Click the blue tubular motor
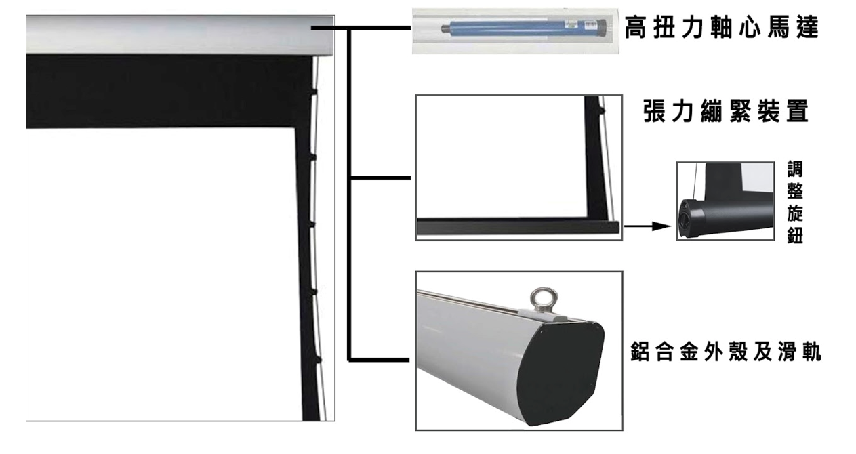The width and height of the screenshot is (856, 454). [523, 28]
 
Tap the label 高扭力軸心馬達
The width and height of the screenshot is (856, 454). [722, 27]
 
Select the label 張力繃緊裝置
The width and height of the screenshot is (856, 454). [726, 111]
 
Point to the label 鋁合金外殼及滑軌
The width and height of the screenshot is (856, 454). [725, 352]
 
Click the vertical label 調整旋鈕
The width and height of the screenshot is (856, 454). [795, 202]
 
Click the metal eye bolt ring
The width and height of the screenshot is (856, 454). [544, 300]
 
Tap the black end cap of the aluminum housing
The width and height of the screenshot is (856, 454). [562, 373]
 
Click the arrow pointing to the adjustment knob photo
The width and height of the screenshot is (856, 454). [647, 226]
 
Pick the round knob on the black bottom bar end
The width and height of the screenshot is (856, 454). [685, 220]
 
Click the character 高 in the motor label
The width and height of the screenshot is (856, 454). [636, 27]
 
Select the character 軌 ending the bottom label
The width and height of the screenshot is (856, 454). [811, 352]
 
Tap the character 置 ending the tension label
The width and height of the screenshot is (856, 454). [798, 111]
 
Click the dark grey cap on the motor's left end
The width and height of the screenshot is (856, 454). [445, 28]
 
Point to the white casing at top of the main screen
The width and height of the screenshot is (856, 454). [180, 35]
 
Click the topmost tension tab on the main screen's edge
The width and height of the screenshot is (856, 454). [314, 91]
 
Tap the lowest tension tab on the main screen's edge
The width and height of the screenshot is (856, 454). [318, 360]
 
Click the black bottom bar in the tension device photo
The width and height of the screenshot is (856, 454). [518, 226]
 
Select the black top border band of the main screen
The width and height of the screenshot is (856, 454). [168, 91]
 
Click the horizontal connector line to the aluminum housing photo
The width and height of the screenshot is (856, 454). [379, 360]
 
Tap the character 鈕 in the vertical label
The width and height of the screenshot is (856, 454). [795, 235]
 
